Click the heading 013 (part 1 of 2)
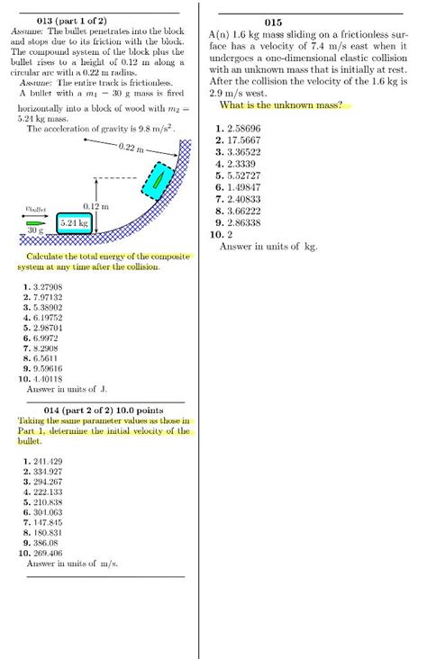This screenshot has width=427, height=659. pyautogui.click(x=70, y=20)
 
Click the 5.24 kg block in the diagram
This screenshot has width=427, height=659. pyautogui.click(x=73, y=221)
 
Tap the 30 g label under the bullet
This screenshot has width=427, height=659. pyautogui.click(x=35, y=230)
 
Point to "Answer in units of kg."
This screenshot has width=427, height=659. pyautogui.click(x=268, y=246)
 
